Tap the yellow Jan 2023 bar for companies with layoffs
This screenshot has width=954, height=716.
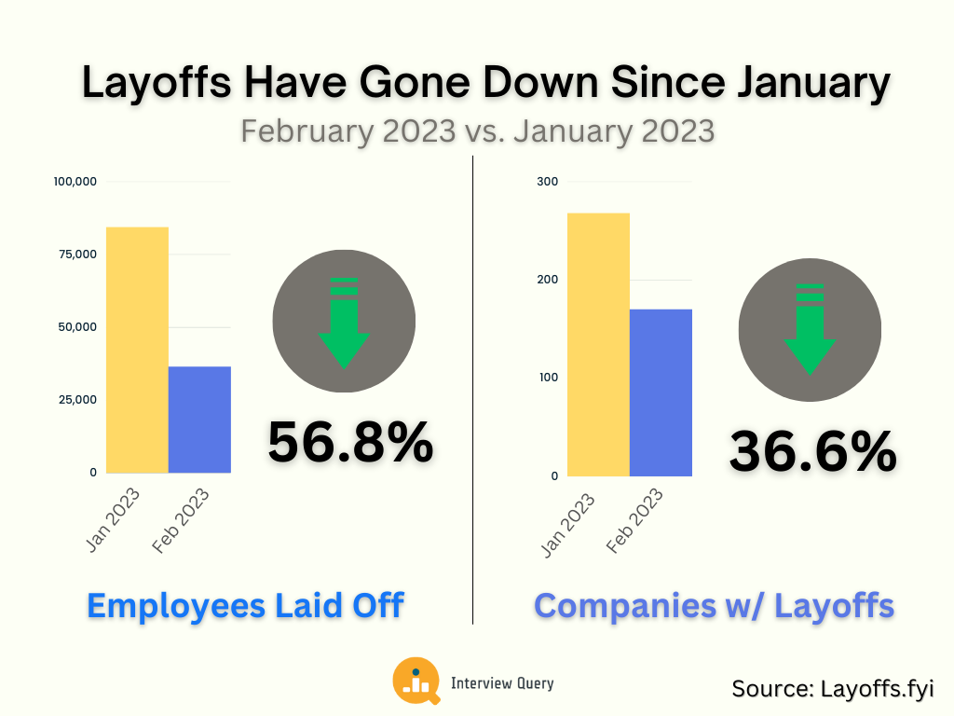tap(598, 345)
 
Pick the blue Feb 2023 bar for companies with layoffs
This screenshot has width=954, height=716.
tap(661, 392)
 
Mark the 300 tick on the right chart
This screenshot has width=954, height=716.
tap(548, 181)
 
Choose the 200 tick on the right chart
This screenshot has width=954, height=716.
tap(548, 280)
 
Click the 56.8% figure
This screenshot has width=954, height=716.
tap(350, 442)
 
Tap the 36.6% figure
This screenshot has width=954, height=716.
tap(812, 452)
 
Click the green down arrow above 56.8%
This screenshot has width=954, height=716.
tap(344, 321)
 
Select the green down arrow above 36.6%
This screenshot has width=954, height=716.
tap(810, 329)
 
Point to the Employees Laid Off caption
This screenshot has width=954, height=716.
tap(245, 605)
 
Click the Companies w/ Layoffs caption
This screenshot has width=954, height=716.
tap(714, 605)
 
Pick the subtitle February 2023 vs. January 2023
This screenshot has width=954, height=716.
tap(477, 130)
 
